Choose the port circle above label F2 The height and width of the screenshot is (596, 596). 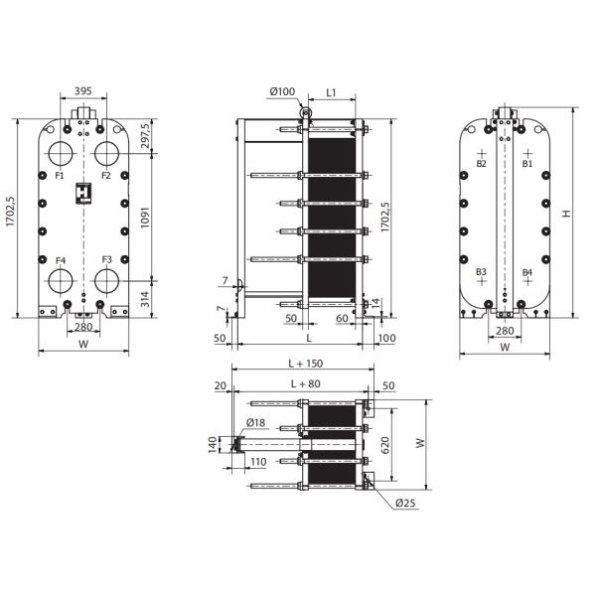point(109,154)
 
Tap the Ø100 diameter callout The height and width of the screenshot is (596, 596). point(281,92)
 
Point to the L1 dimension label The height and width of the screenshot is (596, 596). point(333,92)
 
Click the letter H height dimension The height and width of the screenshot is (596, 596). point(565,214)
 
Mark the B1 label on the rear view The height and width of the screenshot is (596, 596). point(528,163)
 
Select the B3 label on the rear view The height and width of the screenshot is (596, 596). point(481,271)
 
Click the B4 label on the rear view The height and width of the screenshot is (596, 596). point(527,271)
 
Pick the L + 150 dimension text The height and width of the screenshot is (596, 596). point(303,365)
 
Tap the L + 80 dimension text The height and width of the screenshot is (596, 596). point(303,382)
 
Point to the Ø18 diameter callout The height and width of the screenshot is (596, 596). point(255,423)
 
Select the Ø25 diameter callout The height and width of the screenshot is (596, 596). point(404,504)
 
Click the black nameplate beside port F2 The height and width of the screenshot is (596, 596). point(84,189)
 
